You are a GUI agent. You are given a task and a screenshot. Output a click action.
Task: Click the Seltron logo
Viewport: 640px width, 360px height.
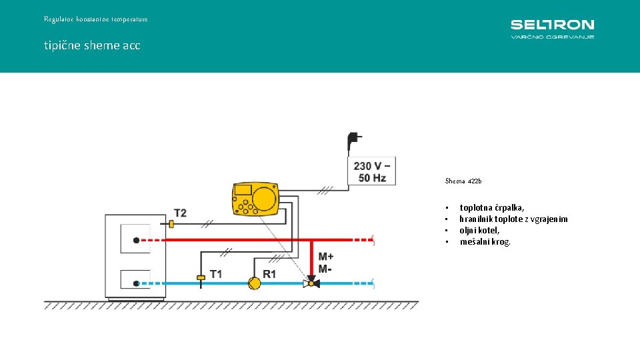pyautogui.click(x=552, y=29)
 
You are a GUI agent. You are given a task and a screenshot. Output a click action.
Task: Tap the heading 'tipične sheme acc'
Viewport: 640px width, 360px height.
pyautogui.click(x=92, y=45)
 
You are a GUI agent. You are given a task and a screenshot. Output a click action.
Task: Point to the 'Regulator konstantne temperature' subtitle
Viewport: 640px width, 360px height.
pyautogui.click(x=96, y=19)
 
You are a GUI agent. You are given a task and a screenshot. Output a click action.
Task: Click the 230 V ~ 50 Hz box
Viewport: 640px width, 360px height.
pyautogui.click(x=372, y=171)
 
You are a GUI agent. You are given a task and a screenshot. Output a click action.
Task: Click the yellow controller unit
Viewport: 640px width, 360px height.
pyautogui.click(x=255, y=199)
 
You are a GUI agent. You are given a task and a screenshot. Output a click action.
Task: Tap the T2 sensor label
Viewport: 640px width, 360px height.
pyautogui.click(x=180, y=213)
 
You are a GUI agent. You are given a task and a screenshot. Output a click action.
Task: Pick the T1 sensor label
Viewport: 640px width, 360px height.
pyautogui.click(x=216, y=273)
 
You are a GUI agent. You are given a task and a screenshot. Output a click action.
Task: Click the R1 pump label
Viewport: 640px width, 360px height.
pyautogui.click(x=269, y=273)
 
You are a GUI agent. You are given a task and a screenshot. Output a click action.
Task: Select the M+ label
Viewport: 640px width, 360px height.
pyautogui.click(x=326, y=257)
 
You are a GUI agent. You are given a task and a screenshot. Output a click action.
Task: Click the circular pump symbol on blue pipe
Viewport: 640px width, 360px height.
pyautogui.click(x=254, y=283)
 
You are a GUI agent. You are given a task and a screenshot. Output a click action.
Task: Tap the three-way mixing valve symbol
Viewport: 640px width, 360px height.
pyautogui.click(x=311, y=283)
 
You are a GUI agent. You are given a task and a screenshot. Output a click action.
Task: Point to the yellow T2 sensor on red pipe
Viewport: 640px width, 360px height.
pyautogui.click(x=171, y=225)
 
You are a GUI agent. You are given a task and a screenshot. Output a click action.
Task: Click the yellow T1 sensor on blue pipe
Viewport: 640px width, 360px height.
pyautogui.click(x=201, y=277)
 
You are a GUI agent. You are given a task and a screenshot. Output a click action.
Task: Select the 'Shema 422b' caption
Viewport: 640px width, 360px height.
pyautogui.click(x=463, y=181)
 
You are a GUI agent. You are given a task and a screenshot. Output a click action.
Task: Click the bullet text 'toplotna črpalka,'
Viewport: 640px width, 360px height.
pyautogui.click(x=492, y=208)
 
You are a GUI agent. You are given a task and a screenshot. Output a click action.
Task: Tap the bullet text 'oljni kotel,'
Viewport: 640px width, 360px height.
pyautogui.click(x=479, y=230)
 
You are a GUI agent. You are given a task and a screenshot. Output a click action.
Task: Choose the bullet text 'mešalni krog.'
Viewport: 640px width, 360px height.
pyautogui.click(x=485, y=241)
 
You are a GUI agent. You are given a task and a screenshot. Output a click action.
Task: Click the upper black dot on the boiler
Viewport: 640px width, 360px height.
pyautogui.click(x=135, y=240)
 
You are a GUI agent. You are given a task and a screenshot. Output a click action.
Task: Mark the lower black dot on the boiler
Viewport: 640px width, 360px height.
pyautogui.click(x=135, y=283)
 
